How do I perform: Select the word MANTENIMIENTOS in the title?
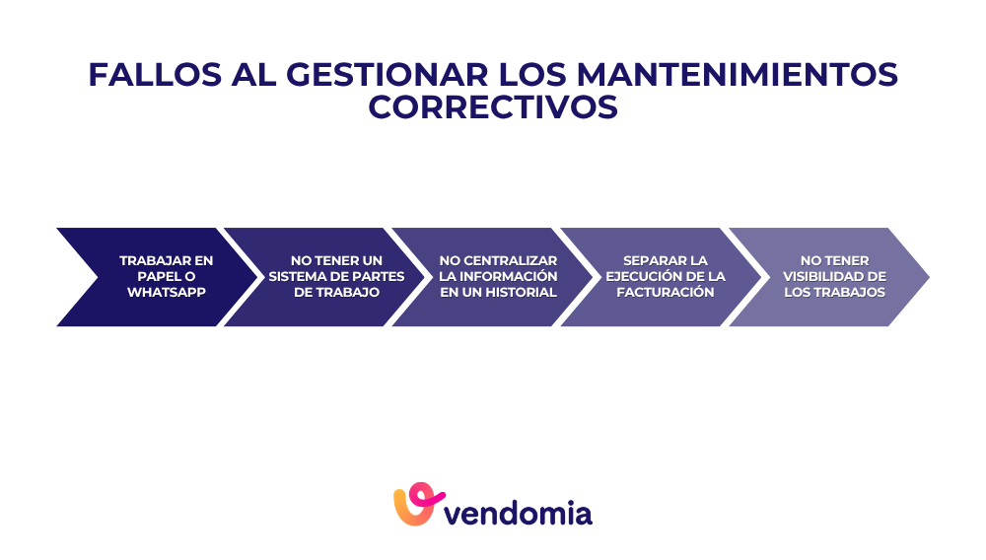point(738,75)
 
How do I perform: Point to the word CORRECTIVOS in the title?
point(493,106)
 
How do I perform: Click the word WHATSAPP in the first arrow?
point(167,293)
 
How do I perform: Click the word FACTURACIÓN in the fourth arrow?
point(666,293)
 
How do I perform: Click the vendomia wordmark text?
point(519,514)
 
